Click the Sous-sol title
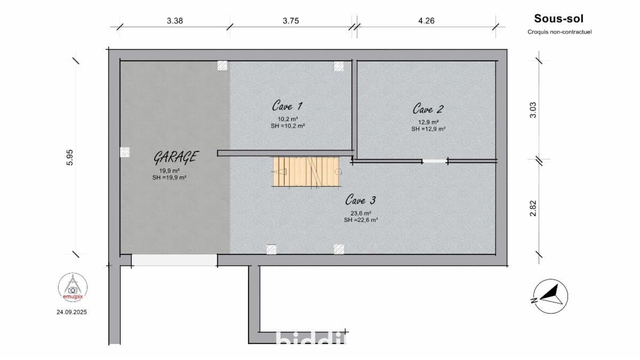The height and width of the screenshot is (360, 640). [558, 19]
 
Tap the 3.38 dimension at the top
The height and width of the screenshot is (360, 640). [174, 21]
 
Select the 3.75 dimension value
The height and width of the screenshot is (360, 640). [291, 21]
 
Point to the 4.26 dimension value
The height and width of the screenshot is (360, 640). [426, 21]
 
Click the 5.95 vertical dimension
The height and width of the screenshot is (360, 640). [70, 157]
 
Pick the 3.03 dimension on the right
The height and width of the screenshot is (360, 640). [533, 110]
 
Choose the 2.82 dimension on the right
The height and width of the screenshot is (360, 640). [533, 209]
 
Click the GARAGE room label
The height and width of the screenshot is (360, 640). [175, 157]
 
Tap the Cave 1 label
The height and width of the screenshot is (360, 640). [287, 106]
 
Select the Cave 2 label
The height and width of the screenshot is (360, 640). [428, 109]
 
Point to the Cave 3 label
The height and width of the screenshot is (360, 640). [361, 199]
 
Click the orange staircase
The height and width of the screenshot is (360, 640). [306, 172]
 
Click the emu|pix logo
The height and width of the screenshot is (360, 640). [73, 287]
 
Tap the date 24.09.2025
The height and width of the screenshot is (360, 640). [71, 312]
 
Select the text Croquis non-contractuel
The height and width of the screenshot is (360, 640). [559, 32]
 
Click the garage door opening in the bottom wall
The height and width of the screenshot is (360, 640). [174, 260]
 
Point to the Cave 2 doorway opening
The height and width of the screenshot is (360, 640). [435, 162]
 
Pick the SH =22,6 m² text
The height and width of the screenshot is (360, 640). [361, 220]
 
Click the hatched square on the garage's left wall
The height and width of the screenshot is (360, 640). [125, 152]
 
